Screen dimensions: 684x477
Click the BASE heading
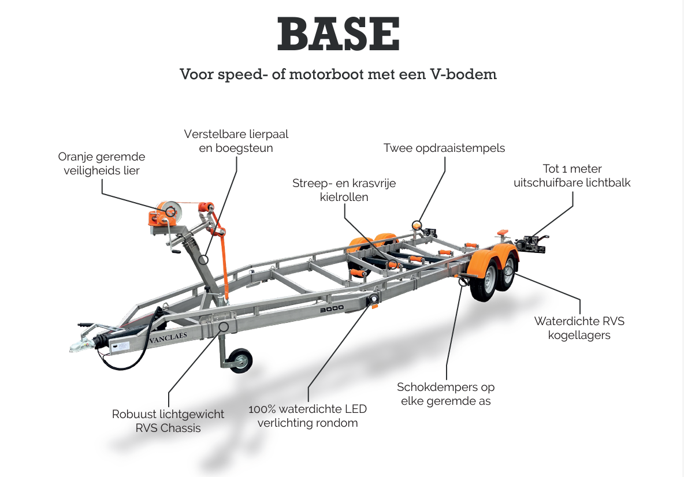339,33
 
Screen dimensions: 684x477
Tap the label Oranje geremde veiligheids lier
102,163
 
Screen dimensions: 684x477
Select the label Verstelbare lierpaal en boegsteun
236,141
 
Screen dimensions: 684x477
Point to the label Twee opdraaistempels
444,148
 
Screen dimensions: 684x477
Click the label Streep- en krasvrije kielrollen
344,190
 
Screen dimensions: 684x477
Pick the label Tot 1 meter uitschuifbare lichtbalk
572,176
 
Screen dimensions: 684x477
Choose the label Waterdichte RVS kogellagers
579,328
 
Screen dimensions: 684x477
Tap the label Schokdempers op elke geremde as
446,394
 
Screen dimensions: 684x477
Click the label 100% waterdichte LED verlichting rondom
307,416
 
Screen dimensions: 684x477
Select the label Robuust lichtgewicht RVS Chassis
168,421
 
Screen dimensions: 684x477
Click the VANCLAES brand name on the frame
168,337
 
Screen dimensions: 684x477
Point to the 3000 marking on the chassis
332,309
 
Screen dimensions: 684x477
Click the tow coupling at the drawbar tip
82,344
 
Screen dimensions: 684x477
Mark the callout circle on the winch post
203,260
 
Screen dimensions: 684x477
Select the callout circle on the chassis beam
224,327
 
